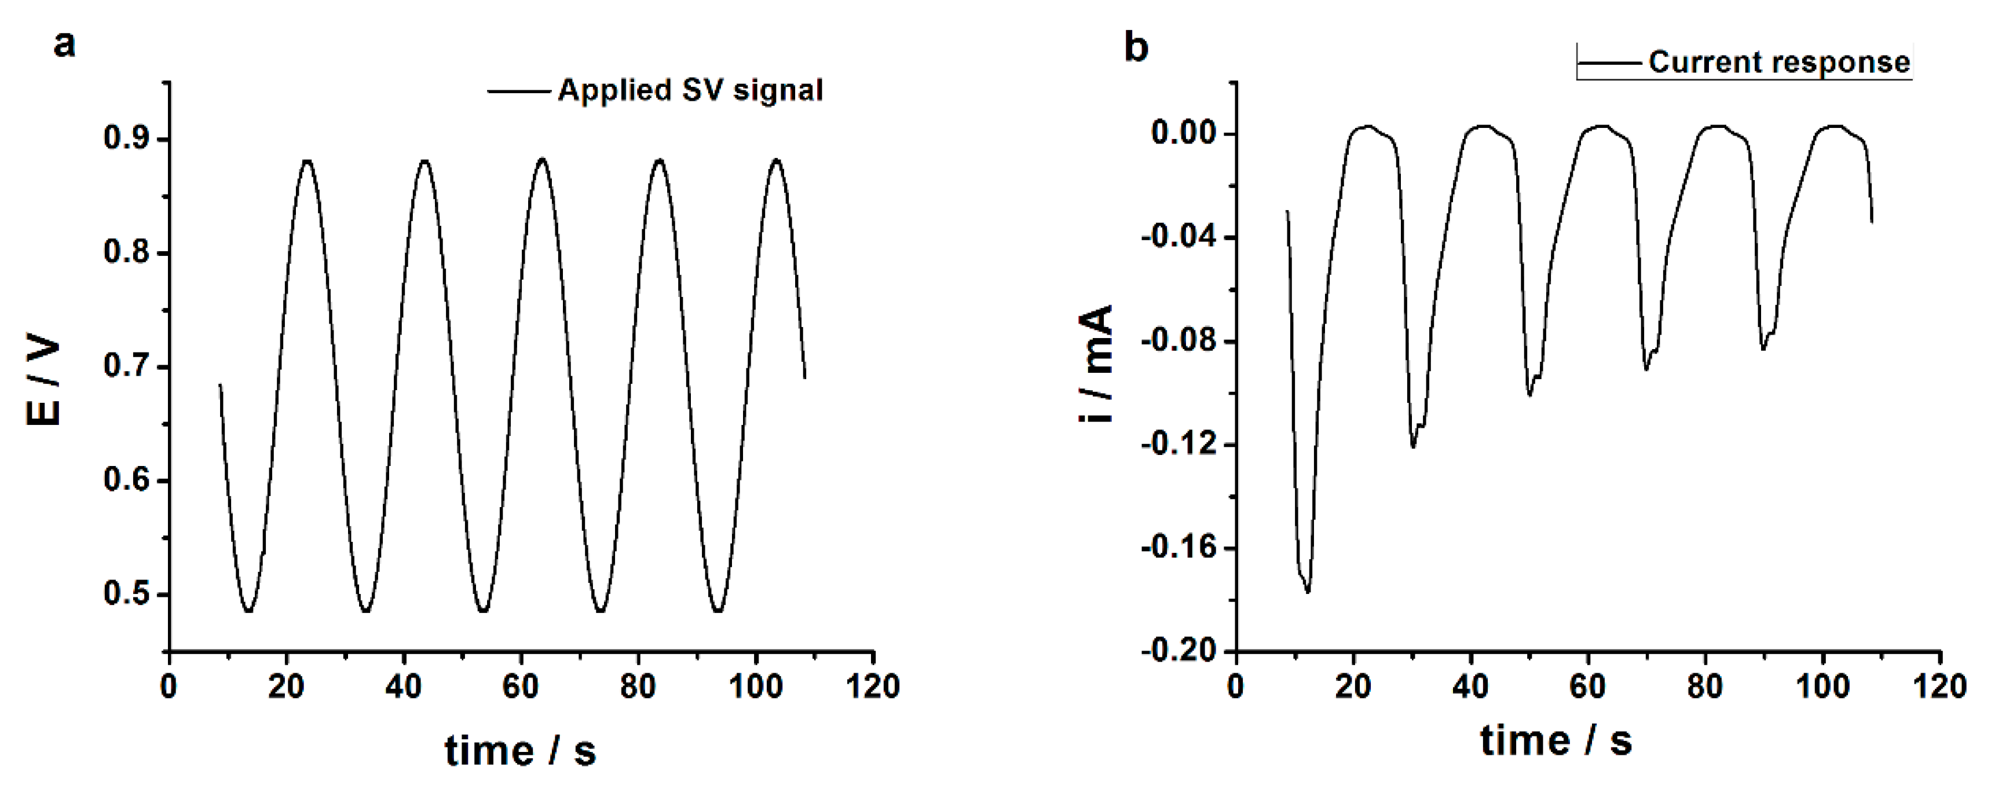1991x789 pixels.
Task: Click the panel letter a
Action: [65, 45]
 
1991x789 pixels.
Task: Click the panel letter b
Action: [1136, 48]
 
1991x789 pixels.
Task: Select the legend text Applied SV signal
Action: [690, 90]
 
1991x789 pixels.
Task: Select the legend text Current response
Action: [1778, 62]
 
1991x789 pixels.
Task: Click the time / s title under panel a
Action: [520, 750]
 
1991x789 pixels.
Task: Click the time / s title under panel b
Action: [1556, 740]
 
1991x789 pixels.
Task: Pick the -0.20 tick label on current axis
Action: [1179, 651]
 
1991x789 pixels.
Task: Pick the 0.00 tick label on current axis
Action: [1183, 133]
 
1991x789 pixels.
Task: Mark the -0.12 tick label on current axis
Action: [1179, 445]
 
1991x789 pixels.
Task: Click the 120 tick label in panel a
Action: [873, 686]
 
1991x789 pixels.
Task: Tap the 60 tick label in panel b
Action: [1587, 686]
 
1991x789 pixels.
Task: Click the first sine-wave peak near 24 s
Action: [308, 161]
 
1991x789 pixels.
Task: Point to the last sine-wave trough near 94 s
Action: [718, 611]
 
